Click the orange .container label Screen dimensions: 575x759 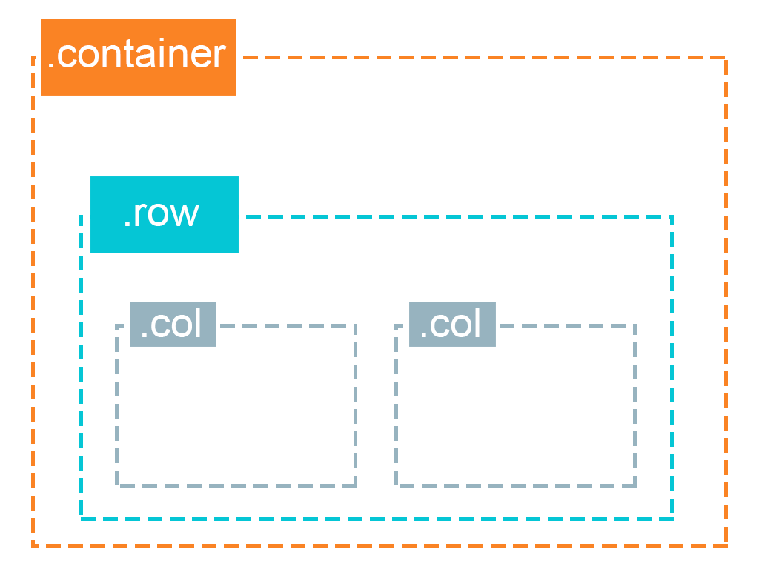tap(138, 57)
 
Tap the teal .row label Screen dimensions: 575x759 tap(164, 215)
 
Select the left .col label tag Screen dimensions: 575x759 tap(173, 324)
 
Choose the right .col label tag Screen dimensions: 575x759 tap(452, 324)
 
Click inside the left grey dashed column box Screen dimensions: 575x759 tap(236, 415)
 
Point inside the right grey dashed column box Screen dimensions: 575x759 tap(516, 415)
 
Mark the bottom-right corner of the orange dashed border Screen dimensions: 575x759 tap(726, 545)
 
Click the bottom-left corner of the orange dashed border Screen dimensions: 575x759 tap(34, 545)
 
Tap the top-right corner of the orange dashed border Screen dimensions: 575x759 tap(726, 58)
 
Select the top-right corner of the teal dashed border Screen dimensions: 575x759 tap(672, 217)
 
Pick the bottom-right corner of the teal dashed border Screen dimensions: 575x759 tap(672, 518)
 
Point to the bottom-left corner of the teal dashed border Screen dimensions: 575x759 tap(82, 518)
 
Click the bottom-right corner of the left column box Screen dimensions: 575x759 tap(355, 485)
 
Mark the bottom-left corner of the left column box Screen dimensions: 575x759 tap(117, 485)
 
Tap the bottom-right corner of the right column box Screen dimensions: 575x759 tap(634, 485)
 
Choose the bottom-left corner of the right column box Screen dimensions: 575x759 tap(397, 485)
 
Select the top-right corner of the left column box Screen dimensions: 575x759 tap(355, 325)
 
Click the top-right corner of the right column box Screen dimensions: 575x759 tap(634, 325)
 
